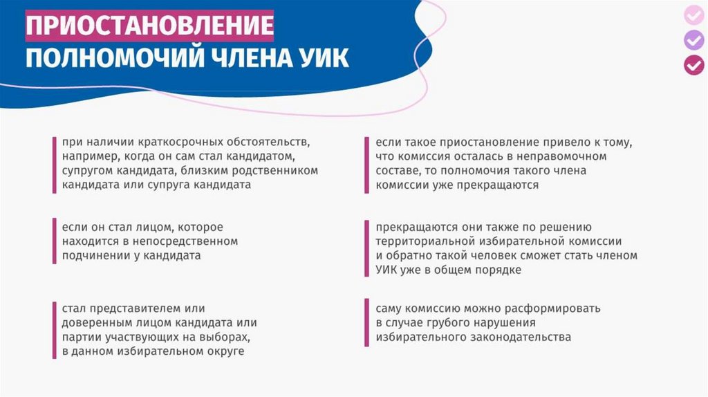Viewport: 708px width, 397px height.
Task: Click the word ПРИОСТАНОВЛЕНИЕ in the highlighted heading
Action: click(149, 26)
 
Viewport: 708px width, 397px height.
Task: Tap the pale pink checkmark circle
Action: click(694, 15)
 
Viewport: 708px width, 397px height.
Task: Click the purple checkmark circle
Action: click(694, 40)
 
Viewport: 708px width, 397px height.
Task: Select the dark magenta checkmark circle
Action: click(694, 65)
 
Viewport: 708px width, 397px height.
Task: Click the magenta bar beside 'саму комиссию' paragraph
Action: click(367, 322)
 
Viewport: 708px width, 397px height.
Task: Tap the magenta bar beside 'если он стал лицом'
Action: click(55, 241)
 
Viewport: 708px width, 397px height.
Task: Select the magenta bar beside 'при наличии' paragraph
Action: click(55, 165)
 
